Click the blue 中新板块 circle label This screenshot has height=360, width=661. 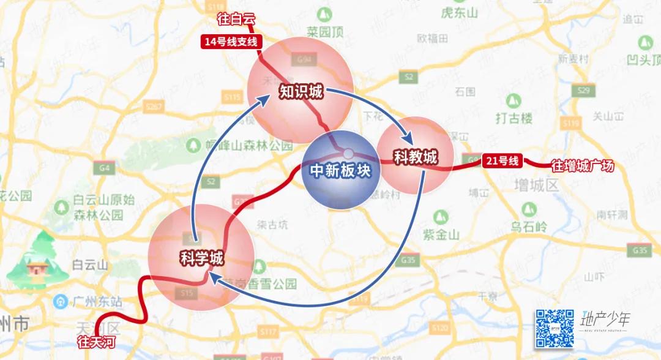[x=340, y=171]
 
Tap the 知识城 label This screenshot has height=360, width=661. [x=301, y=92]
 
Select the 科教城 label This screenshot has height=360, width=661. [x=416, y=157]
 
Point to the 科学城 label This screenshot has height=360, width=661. [x=201, y=258]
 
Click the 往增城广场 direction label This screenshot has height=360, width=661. [x=582, y=165]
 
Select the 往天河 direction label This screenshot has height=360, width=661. [x=96, y=342]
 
